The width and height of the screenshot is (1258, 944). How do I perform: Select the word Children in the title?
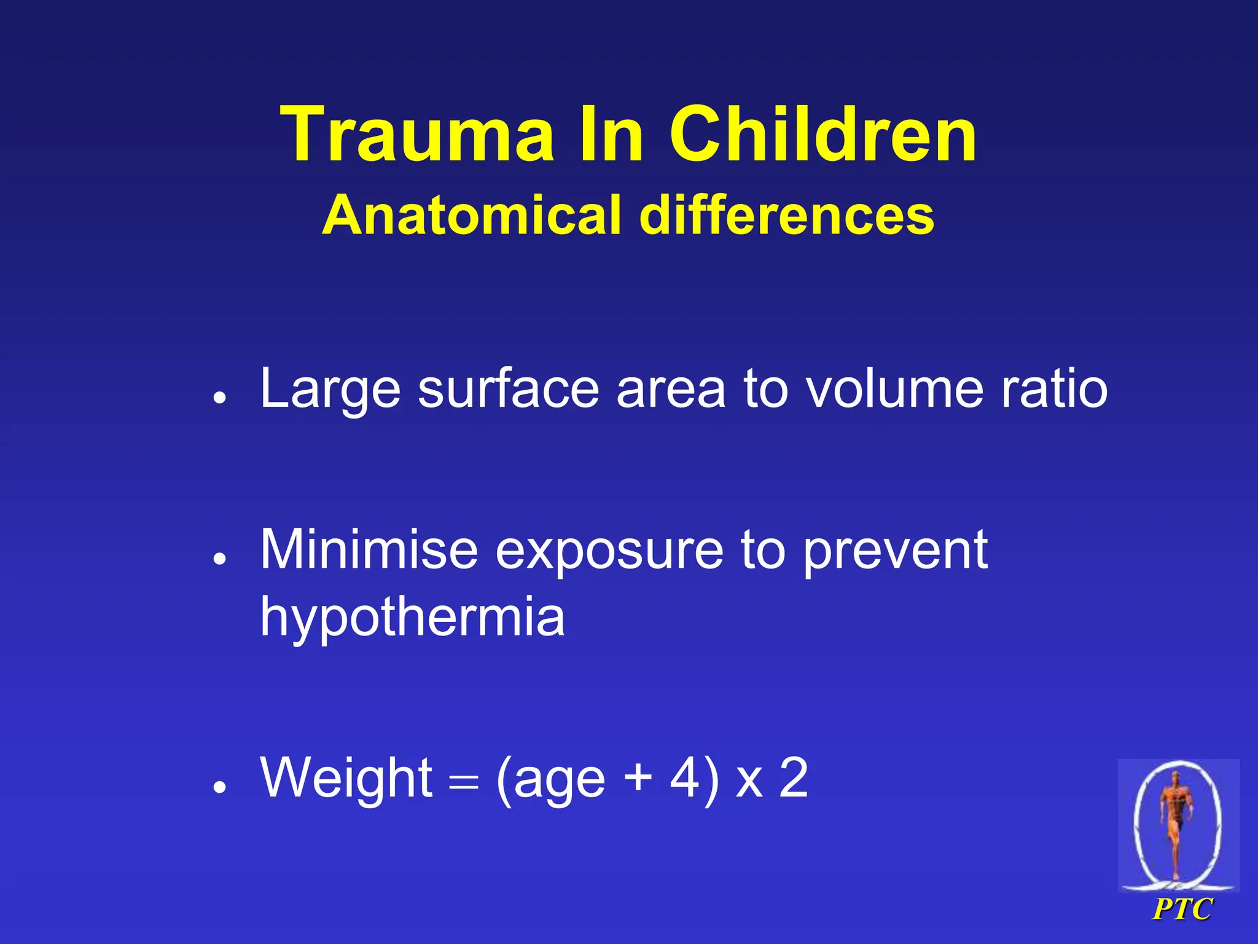[x=822, y=135]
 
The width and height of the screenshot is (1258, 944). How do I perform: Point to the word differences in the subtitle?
[x=787, y=215]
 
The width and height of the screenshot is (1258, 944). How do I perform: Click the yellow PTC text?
[x=1182, y=909]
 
